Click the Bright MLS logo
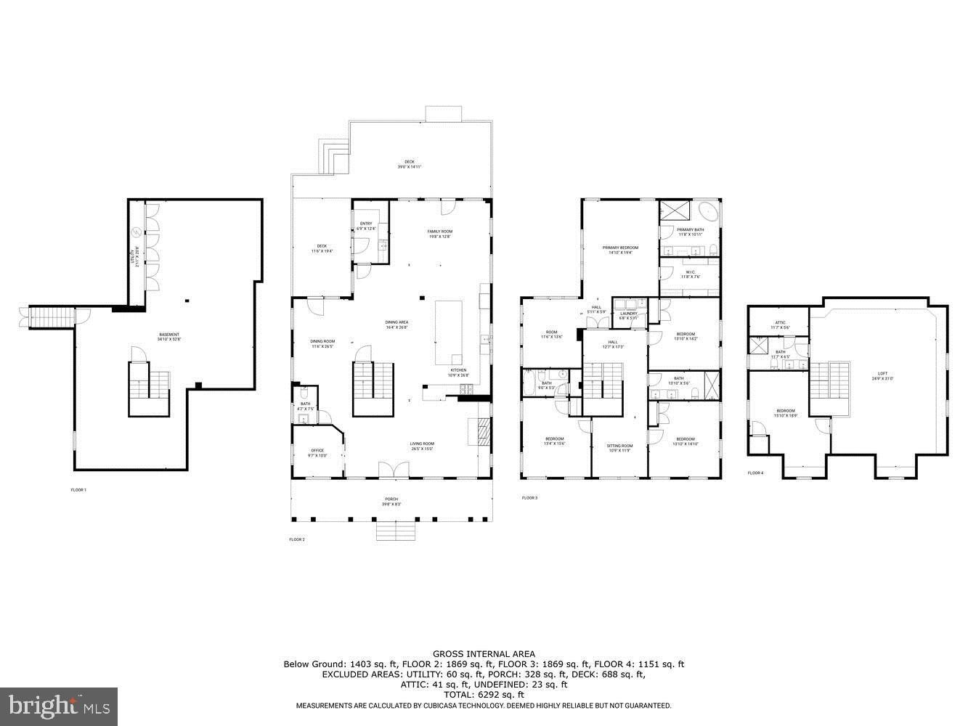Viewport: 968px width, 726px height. pos(60,704)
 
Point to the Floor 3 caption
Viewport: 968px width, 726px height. pos(529,498)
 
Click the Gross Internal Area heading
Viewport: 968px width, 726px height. pos(484,654)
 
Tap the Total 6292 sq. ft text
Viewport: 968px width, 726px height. pos(484,694)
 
